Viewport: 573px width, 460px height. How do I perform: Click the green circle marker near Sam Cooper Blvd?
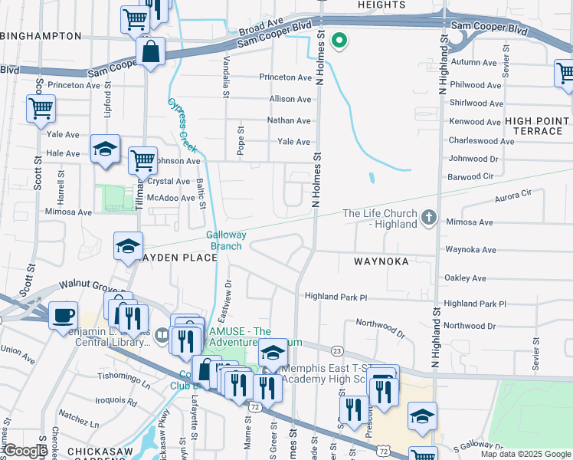(338, 40)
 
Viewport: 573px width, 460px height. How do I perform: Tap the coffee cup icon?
(63, 314)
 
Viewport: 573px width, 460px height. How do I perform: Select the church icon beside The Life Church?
(429, 219)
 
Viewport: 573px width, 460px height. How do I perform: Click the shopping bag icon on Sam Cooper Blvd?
(151, 53)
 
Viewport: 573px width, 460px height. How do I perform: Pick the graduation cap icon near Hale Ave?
(105, 149)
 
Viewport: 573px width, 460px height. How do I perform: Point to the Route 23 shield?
(336, 350)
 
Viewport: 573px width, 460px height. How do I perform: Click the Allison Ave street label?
(290, 99)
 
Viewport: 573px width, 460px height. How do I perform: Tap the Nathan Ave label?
(288, 120)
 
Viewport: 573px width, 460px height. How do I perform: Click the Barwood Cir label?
(471, 176)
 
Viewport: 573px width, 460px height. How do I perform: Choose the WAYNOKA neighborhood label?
(381, 261)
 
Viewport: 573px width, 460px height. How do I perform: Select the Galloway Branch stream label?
(225, 240)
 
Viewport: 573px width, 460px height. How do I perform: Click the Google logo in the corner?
(25, 451)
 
